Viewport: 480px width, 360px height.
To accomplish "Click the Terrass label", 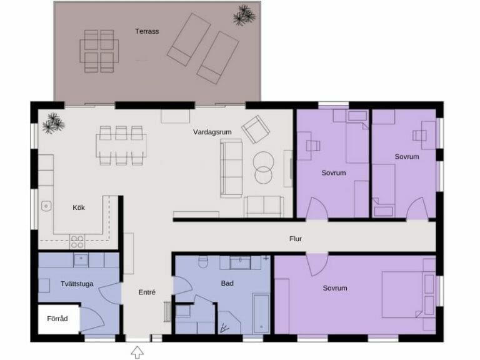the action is (147, 31).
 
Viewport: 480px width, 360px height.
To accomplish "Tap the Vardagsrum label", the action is (212, 132).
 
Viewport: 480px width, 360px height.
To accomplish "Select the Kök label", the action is (79, 207).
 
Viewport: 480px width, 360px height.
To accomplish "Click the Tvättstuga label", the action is (77, 284).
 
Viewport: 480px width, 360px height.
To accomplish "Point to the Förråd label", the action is (57, 319).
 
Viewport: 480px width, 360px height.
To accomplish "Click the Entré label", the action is (147, 292).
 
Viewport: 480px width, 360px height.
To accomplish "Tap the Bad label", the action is (227, 284).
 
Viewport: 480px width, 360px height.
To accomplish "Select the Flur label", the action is (296, 239).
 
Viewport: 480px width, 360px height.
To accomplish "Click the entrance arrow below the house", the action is (137, 352).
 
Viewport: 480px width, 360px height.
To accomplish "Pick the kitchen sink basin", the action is (46, 206).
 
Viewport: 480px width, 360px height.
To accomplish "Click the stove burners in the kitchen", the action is (77, 241).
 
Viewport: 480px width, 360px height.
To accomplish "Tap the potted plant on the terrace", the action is (244, 15).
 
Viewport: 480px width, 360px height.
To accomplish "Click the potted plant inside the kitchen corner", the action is (53, 123).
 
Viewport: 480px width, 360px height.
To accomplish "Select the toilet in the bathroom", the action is (203, 261).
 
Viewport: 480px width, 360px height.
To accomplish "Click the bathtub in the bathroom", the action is (261, 314).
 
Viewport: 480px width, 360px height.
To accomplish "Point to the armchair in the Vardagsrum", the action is (255, 129).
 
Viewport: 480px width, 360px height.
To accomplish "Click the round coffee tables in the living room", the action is (263, 167).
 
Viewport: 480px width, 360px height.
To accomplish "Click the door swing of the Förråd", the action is (92, 319).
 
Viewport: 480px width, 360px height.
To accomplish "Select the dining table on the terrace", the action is (99, 51).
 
